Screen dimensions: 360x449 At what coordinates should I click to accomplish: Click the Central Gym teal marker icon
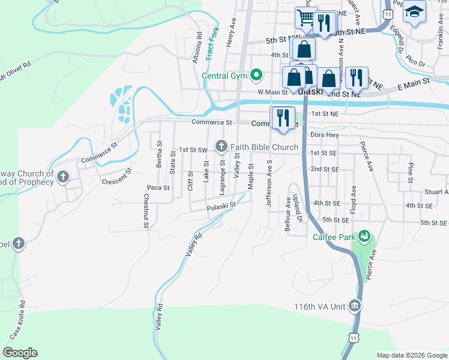(257, 76)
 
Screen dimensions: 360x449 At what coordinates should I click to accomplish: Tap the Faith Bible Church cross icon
(222, 146)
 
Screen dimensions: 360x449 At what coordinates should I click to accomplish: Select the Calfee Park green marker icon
(364, 236)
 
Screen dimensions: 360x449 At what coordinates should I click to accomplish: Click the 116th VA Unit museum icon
(355, 307)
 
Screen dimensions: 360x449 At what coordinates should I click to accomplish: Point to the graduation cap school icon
(414, 11)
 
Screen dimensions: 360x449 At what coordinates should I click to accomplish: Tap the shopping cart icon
(306, 17)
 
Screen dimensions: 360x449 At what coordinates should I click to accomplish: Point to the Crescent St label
(116, 181)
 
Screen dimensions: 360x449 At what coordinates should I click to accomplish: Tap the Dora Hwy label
(325, 136)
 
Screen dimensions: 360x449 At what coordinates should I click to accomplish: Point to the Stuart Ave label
(436, 192)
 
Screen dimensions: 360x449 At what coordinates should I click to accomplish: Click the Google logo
(20, 353)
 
